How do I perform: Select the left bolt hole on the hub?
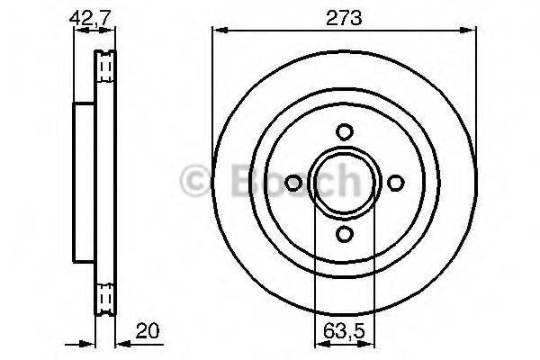(292, 183)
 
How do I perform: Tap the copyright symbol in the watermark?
(197, 183)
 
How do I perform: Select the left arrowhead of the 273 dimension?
(217, 31)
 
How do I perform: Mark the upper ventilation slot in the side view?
(103, 66)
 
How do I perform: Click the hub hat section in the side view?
(82, 183)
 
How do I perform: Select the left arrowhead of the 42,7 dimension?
(76, 31)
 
